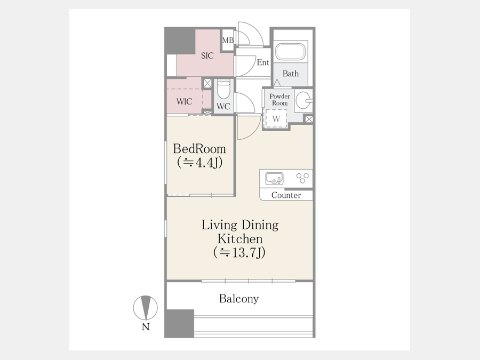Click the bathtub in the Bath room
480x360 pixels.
291,52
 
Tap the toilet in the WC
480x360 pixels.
223,90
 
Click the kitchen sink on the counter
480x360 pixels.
274,179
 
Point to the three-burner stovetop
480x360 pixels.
302,178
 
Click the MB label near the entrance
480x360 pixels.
228,40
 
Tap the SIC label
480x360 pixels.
207,55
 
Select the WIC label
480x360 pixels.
185,101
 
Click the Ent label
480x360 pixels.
263,62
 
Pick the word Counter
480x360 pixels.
286,195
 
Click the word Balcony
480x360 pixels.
239,299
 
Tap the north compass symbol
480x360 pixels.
146,308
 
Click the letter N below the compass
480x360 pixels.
146,327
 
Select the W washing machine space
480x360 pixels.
276,118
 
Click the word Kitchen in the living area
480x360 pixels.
240,239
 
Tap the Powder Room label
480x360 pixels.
280,100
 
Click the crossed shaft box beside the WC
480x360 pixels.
207,83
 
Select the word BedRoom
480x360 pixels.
199,149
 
